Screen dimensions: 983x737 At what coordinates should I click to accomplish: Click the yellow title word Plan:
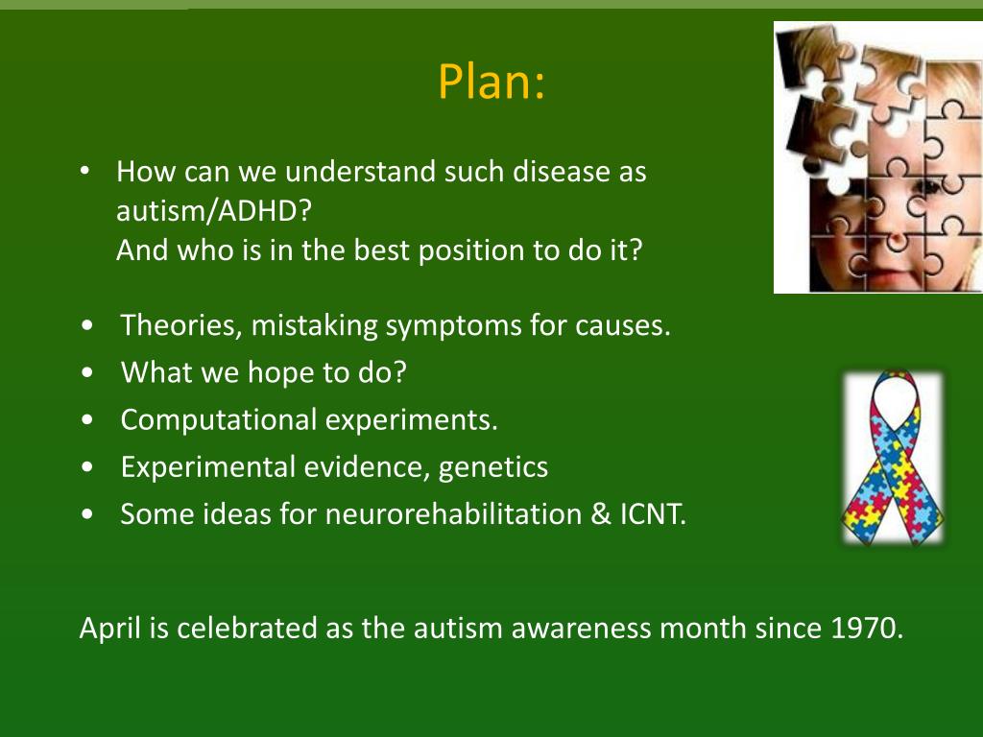pyautogui.click(x=491, y=82)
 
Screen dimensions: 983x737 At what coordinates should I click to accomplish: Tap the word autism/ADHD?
pyautogui.click(x=214, y=211)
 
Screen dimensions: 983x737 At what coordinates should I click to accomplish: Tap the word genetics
pyautogui.click(x=493, y=468)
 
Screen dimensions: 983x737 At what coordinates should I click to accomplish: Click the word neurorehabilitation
pyautogui.click(x=454, y=514)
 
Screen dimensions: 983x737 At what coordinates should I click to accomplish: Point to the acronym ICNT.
pyautogui.click(x=653, y=514)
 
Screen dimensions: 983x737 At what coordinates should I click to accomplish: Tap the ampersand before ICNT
pyautogui.click(x=601, y=514)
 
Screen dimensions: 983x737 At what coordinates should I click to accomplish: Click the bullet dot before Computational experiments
pyautogui.click(x=87, y=420)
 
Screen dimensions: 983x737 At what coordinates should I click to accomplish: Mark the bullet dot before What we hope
pyautogui.click(x=87, y=372)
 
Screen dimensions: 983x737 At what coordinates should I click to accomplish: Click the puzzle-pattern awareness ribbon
pyautogui.click(x=893, y=458)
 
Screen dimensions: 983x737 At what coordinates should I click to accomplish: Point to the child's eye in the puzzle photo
pyautogui.click(x=926, y=187)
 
